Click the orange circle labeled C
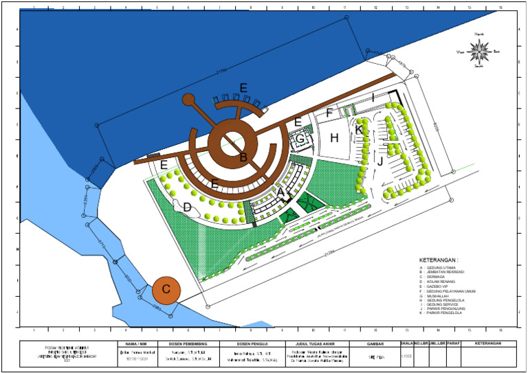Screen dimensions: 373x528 [x=166, y=290]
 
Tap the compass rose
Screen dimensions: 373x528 [x=481, y=49]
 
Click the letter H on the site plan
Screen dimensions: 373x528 [x=335, y=138]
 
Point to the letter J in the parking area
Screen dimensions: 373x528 [x=379, y=161]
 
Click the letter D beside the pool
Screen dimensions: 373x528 [x=186, y=207]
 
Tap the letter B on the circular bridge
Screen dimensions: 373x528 [x=243, y=157]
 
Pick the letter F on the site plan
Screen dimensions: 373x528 [x=330, y=113]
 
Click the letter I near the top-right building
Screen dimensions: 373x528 [x=373, y=99]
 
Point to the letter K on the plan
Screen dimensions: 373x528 [x=359, y=129]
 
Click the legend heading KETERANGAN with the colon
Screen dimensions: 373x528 [x=438, y=260]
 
